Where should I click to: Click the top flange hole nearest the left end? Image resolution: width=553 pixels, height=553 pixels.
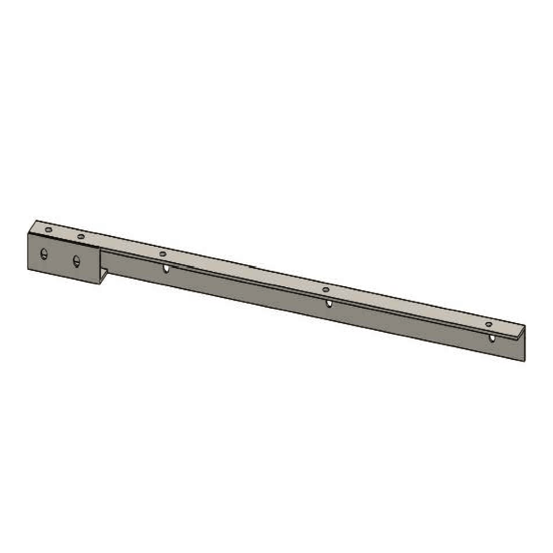click(49, 230)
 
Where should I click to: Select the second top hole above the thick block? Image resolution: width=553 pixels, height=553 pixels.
click(81, 237)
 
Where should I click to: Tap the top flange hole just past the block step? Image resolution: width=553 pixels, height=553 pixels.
click(163, 253)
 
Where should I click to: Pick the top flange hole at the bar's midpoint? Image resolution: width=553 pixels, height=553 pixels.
click(326, 290)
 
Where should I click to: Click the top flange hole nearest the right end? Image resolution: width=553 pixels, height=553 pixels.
click(488, 325)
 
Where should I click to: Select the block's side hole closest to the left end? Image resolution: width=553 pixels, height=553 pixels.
click(44, 253)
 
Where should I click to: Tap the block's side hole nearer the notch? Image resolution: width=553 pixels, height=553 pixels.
click(76, 261)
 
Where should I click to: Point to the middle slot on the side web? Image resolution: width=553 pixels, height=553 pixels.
click(329, 304)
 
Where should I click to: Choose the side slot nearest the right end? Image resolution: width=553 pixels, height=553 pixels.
click(492, 338)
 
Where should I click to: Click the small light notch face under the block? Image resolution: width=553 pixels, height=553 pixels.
click(104, 275)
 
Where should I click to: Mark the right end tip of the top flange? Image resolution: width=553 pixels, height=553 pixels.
click(525, 326)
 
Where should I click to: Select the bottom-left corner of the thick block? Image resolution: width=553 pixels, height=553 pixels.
click(28, 269)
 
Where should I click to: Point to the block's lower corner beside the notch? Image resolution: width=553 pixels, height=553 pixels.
click(99, 284)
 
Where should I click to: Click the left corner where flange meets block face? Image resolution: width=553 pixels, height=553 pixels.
click(28, 232)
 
